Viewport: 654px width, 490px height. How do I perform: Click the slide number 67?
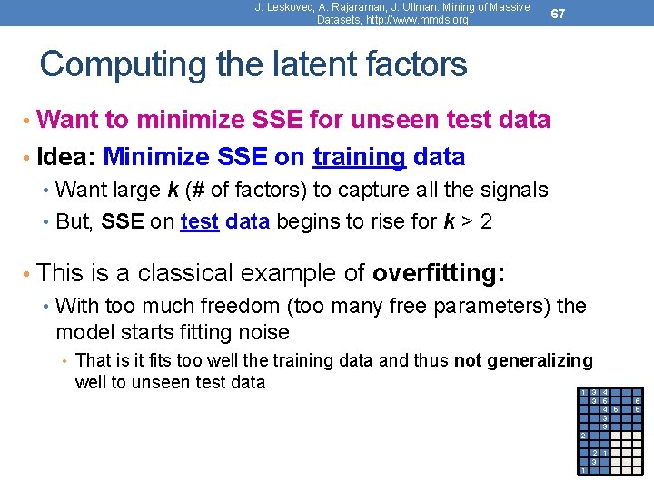point(559,14)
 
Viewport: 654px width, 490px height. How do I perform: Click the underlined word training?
point(359,157)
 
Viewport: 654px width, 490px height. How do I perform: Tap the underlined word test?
point(199,221)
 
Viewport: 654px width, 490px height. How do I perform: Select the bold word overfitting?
point(439,272)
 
